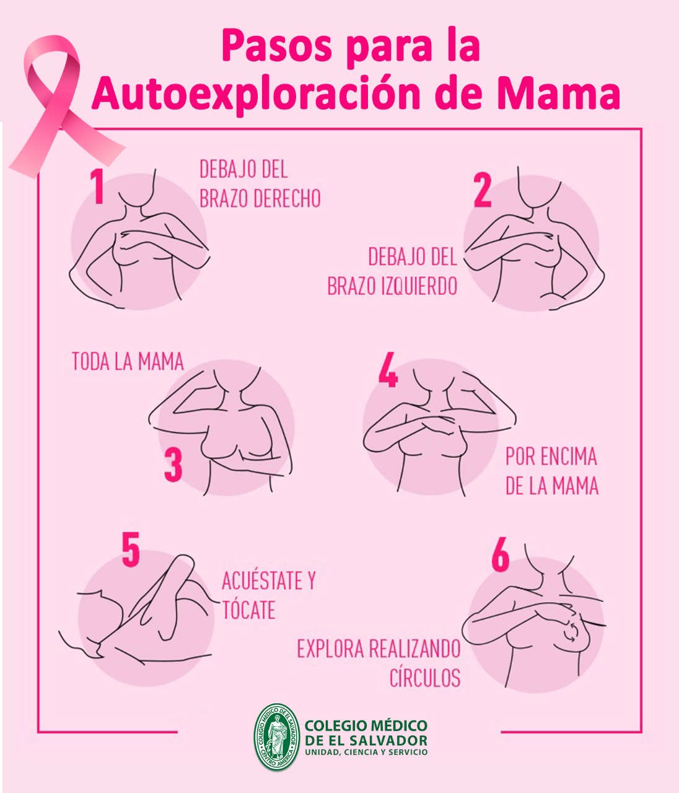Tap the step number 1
(x=97, y=186)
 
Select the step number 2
(x=482, y=190)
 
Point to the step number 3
(x=173, y=465)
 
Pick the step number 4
(x=388, y=369)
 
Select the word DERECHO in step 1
(x=287, y=198)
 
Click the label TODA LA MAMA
(x=128, y=361)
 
